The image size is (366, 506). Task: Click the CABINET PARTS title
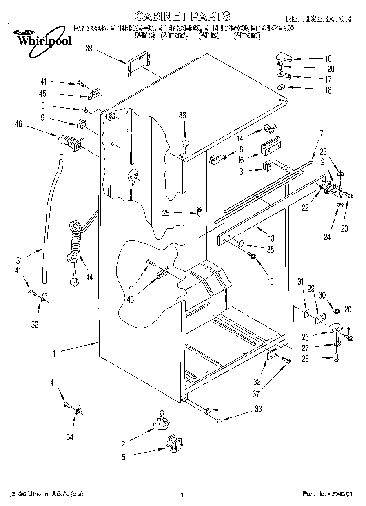coord(182,16)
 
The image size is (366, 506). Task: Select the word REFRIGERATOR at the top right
coord(318,19)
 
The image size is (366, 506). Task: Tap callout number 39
coord(89,48)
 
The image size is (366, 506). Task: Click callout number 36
coord(182,116)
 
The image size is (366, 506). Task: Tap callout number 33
coord(258,408)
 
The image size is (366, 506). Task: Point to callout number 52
coord(34,325)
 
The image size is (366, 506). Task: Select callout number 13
coord(271,239)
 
